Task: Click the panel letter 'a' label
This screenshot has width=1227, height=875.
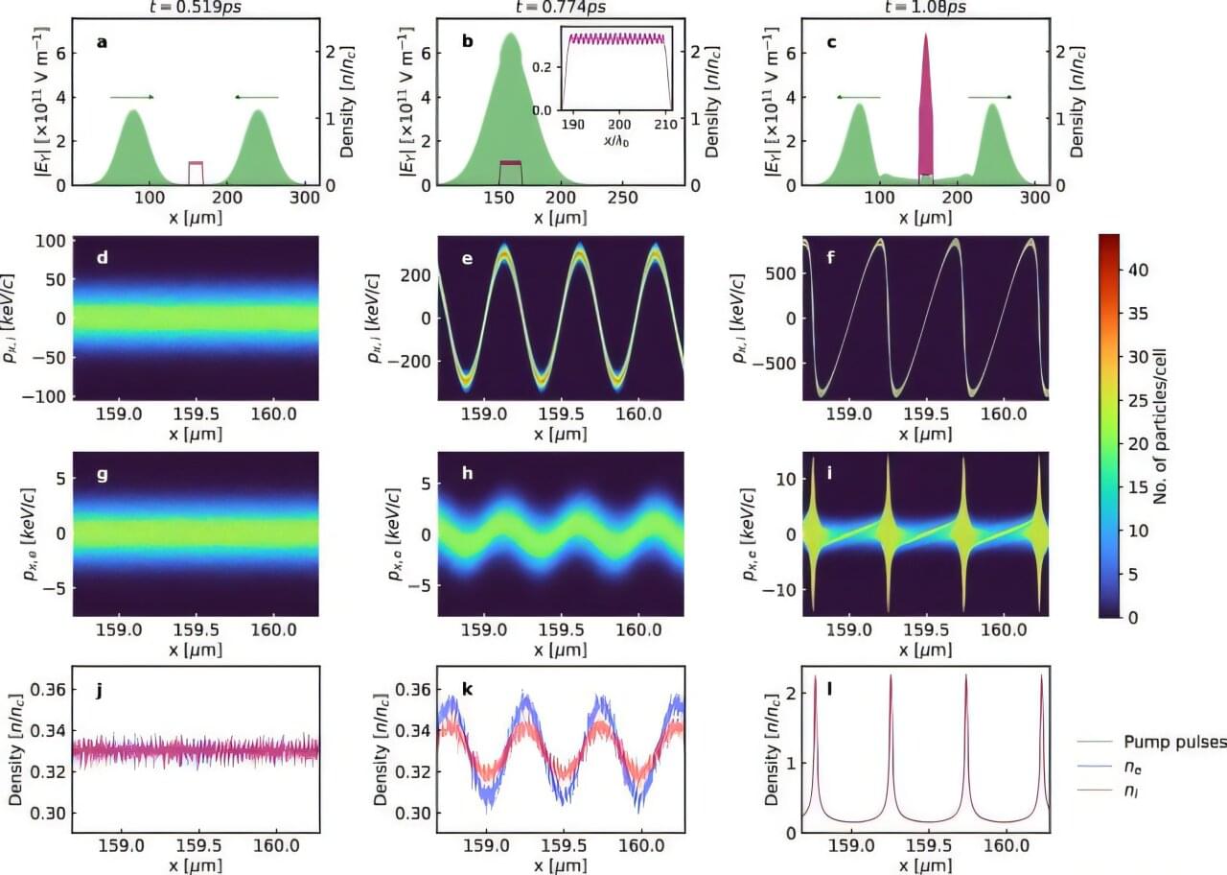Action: tap(101, 42)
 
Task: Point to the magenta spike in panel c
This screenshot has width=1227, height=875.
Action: tap(926, 106)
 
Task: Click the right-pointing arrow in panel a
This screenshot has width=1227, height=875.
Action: tap(132, 97)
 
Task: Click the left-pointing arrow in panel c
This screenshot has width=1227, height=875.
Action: tap(857, 97)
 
